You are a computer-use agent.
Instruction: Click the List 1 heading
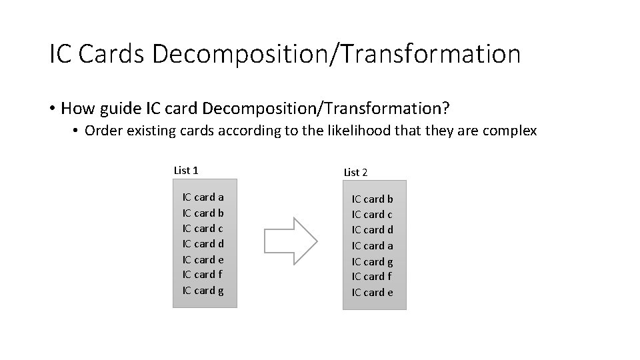[186, 171]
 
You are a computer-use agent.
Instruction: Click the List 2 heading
[355, 173]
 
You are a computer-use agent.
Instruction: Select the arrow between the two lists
[291, 237]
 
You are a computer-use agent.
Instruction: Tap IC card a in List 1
[203, 197]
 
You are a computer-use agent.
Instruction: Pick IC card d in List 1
[203, 244]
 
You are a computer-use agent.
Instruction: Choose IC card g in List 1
[203, 291]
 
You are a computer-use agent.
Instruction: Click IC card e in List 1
[203, 260]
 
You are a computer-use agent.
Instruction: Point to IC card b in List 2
[373, 199]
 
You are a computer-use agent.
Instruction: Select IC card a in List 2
[373, 246]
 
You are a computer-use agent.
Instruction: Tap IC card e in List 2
[373, 293]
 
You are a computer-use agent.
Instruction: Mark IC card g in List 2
[373, 262]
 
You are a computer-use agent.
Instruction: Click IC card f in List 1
[203, 275]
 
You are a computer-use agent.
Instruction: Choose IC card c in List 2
[373, 215]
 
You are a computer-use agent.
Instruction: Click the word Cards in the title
[112, 54]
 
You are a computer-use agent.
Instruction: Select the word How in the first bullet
[80, 107]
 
